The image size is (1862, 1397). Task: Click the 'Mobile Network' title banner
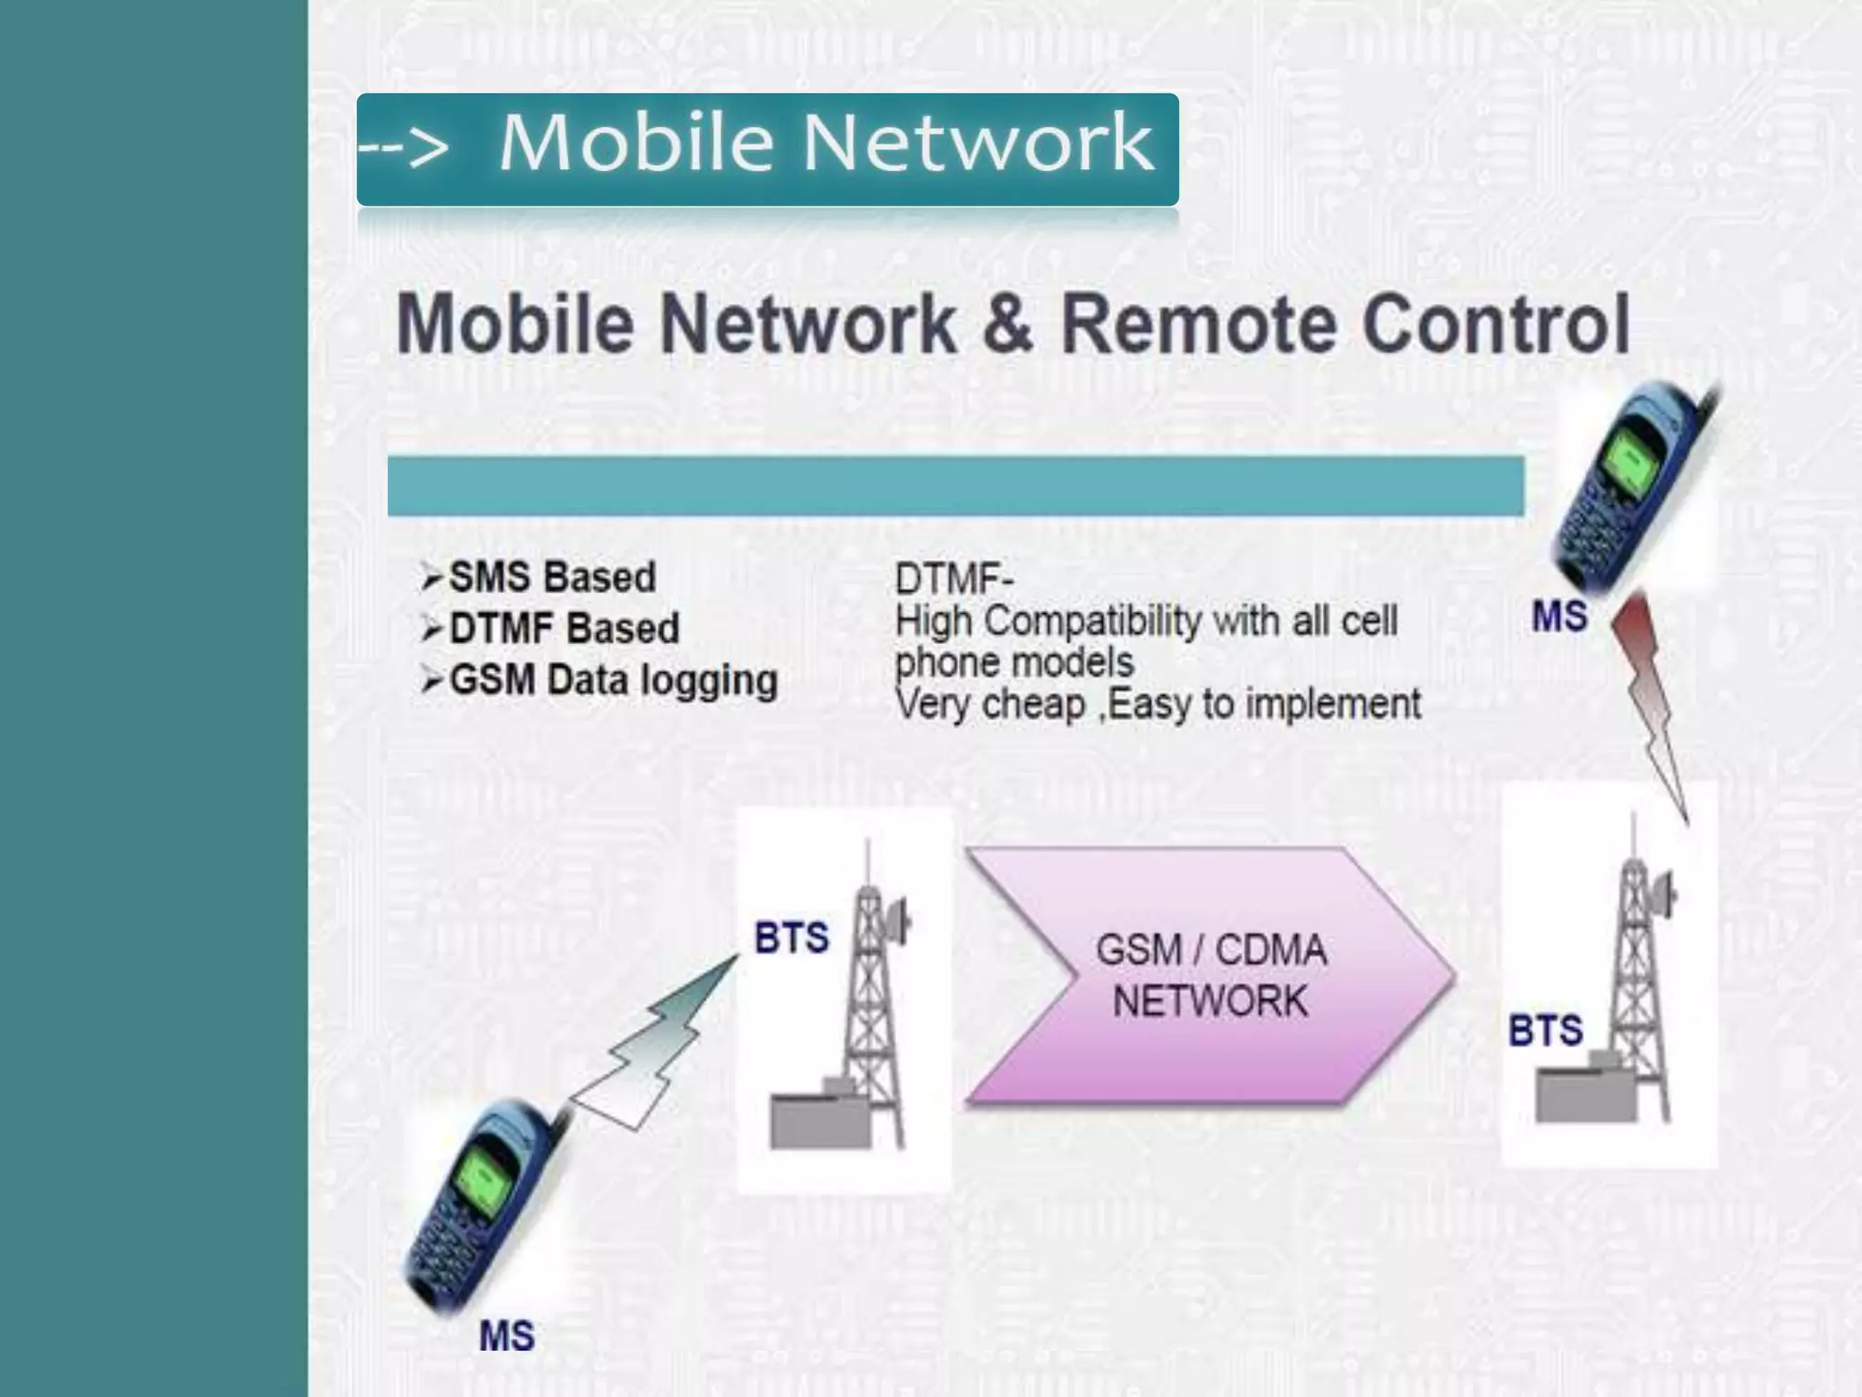767,148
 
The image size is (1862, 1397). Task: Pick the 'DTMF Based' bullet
564,628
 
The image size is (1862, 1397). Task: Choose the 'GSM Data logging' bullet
613,680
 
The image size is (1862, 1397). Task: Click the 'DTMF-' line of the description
954,578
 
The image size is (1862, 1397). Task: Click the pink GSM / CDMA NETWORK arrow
1209,976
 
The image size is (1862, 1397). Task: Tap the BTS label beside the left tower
791,938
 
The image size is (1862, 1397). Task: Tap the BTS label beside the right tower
1546,1030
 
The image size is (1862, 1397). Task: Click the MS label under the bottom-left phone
506,1336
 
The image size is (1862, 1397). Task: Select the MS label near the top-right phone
1559,617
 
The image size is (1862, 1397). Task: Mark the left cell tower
868,1010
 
